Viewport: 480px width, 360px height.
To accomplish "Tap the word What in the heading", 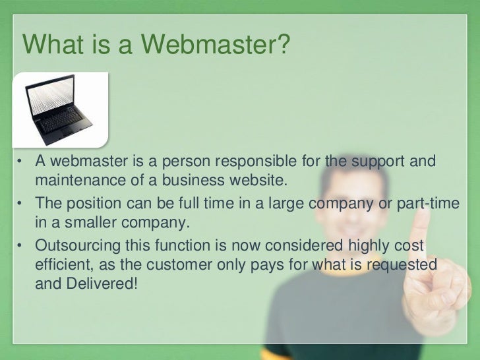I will (x=52, y=45).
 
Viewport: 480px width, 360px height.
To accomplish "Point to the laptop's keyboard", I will (x=63, y=122).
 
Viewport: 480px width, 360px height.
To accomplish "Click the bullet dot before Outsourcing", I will (x=20, y=247).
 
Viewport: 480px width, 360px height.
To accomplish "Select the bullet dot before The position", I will (x=20, y=204).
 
